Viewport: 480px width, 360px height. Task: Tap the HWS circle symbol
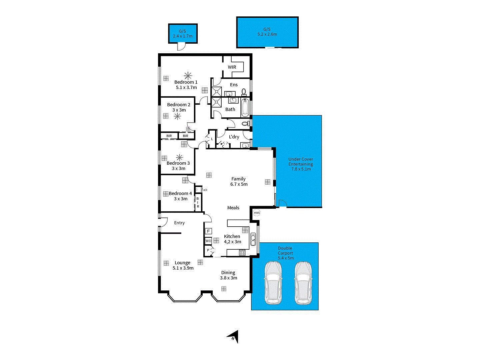pyautogui.click(x=256, y=213)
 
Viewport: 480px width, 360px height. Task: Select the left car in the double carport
pyautogui.click(x=273, y=283)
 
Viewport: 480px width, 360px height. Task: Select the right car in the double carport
pyautogui.click(x=303, y=283)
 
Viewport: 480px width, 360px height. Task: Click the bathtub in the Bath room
pyautogui.click(x=245, y=107)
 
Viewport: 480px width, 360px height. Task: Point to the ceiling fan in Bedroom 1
pyautogui.click(x=188, y=75)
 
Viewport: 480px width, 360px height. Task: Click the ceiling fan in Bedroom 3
pyautogui.click(x=179, y=157)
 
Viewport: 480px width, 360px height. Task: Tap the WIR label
pyautogui.click(x=232, y=67)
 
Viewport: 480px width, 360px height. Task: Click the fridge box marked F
pyautogui.click(x=208, y=231)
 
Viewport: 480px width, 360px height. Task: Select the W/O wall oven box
pyautogui.click(x=208, y=241)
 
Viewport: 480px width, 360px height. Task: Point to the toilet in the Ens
pyautogui.click(x=244, y=92)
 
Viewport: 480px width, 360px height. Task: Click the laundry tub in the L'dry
pyautogui.click(x=245, y=145)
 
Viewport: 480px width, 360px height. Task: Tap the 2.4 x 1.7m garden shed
pyautogui.click(x=183, y=34)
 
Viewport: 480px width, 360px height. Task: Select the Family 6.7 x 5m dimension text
pyautogui.click(x=239, y=184)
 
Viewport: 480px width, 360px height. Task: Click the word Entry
pyautogui.click(x=179, y=223)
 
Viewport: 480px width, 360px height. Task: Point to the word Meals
pyautogui.click(x=233, y=208)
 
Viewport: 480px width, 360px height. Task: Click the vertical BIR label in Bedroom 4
pyautogui.click(x=198, y=203)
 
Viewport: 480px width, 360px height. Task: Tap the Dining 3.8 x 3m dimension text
pyautogui.click(x=229, y=278)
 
